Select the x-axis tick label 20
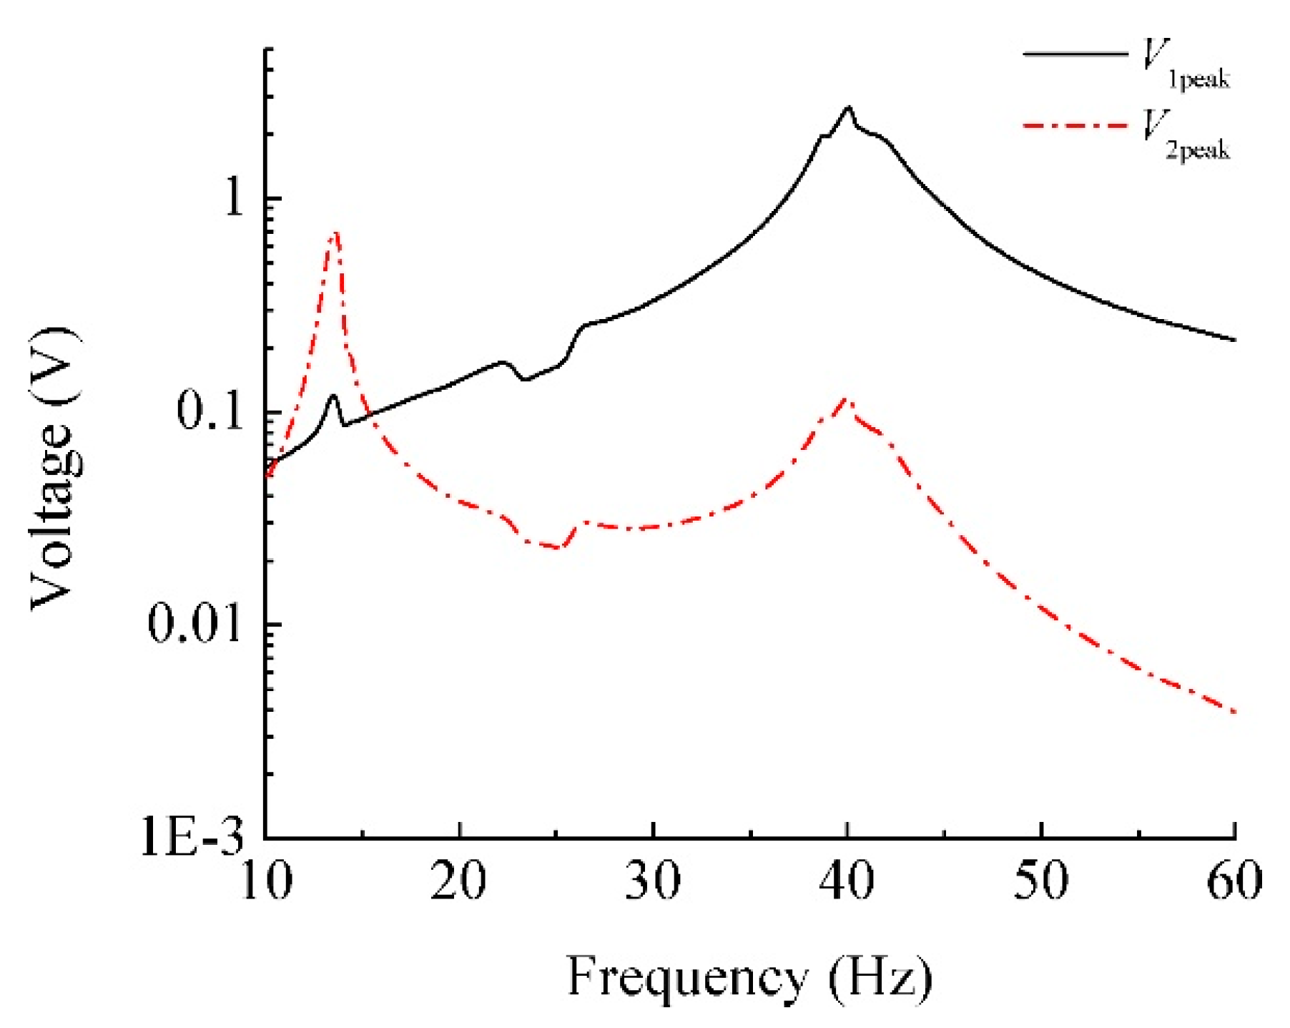pos(458,881)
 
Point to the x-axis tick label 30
pos(652,881)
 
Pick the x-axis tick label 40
pos(847,881)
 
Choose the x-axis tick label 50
pos(1041,881)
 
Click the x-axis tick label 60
pos(1234,881)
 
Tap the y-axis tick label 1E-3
pos(192,836)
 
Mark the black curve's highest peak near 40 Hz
pos(848,108)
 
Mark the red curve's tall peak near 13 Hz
pos(335,232)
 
